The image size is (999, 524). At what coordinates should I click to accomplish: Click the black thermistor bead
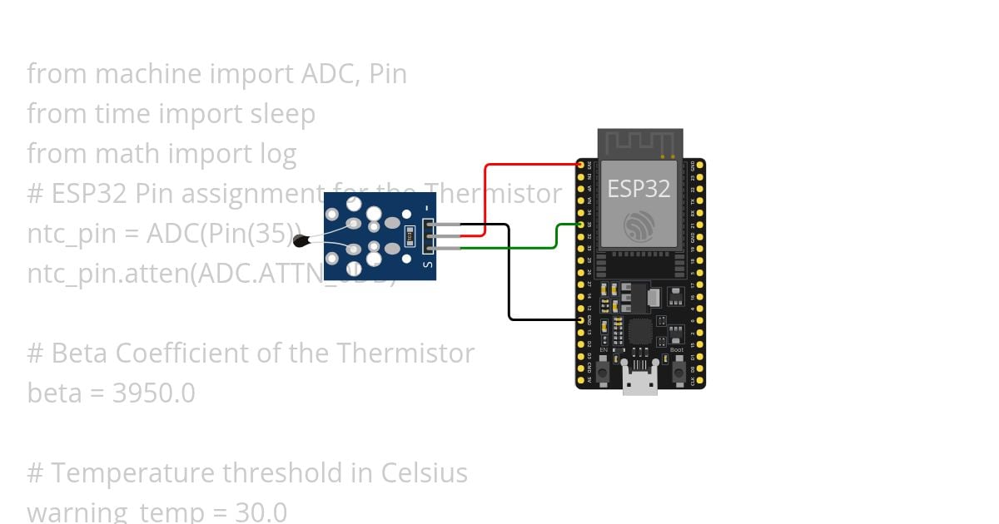[x=301, y=241]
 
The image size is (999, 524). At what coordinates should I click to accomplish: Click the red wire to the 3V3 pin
[x=533, y=165]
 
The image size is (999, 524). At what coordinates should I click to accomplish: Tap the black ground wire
[x=509, y=274]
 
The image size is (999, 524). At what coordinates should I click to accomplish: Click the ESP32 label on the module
[x=639, y=189]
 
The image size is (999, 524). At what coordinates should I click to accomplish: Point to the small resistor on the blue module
[x=408, y=235]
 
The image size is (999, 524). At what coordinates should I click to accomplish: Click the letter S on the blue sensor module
[x=428, y=264]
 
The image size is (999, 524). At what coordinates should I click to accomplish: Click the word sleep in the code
[x=283, y=113]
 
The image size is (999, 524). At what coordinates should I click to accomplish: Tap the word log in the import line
[x=277, y=153]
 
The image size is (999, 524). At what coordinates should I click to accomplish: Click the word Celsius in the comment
[x=425, y=472]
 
